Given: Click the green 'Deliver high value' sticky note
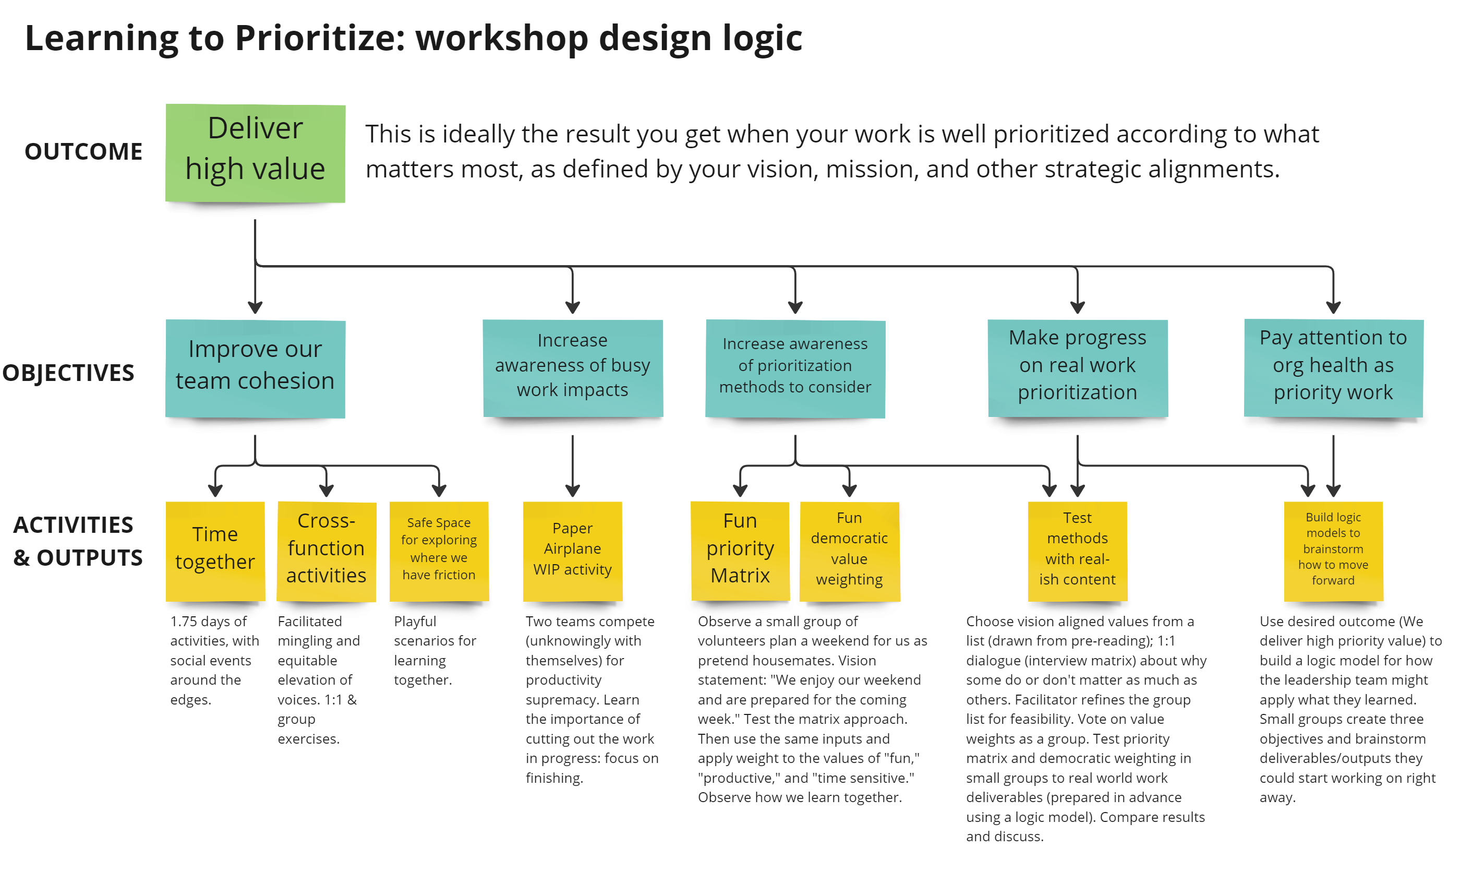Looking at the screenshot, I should (255, 153).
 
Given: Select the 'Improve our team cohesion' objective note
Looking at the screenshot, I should (255, 368).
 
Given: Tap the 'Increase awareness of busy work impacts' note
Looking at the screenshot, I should (572, 368).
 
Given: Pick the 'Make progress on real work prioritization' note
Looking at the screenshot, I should (1077, 368).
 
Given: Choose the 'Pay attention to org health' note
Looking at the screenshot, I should (1333, 368).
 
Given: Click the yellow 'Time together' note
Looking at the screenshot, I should (215, 551).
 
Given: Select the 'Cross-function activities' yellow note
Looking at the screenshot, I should (326, 551).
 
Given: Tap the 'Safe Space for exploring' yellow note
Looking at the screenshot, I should (439, 551).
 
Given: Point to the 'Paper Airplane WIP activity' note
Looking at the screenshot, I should (572, 551).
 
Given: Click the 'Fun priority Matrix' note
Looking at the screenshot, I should (740, 551).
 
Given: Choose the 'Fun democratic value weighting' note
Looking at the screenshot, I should (849, 551).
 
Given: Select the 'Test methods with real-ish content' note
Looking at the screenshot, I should (1077, 551).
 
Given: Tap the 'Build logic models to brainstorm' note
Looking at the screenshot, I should (1333, 551).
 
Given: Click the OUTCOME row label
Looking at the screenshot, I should (83, 152).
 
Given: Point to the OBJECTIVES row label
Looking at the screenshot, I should (68, 373).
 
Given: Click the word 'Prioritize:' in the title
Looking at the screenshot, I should (319, 38).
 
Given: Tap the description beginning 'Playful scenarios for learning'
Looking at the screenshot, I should (434, 650).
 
